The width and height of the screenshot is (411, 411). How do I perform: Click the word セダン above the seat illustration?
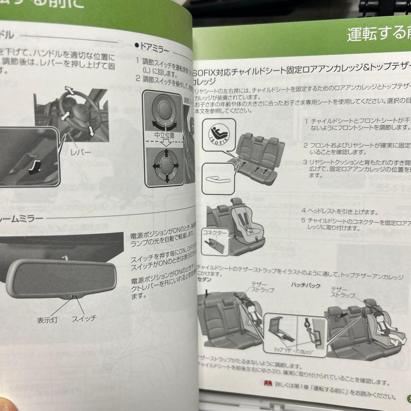point(205,279)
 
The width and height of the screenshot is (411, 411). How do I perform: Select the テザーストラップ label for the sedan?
point(262,287)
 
